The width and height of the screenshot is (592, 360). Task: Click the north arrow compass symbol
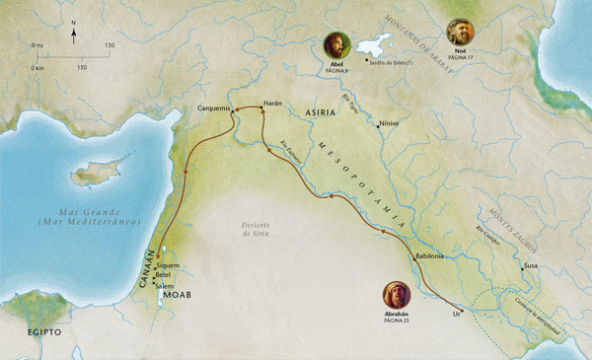tap(75, 36)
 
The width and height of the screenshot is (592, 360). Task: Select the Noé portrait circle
tap(461, 31)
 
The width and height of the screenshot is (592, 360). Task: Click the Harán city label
tap(273, 103)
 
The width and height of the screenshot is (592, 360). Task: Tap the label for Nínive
tap(388, 124)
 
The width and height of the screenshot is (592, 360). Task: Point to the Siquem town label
tap(169, 265)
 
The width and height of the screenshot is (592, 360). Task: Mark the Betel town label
tap(164, 275)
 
